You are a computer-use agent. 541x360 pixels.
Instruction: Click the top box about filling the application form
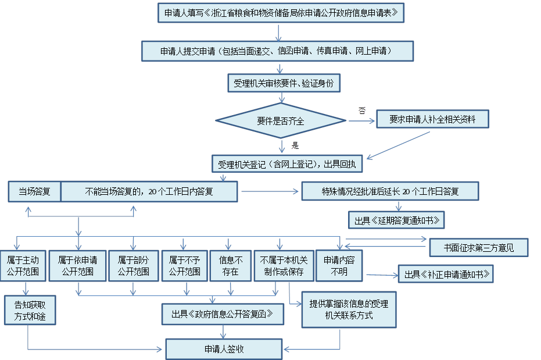coord(281,12)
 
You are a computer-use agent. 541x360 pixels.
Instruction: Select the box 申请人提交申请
coord(277,51)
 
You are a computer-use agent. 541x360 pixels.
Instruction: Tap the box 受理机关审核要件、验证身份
coord(283,84)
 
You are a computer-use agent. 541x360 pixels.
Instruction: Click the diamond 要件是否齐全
coord(281,121)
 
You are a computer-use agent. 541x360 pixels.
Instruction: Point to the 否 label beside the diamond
coord(362,110)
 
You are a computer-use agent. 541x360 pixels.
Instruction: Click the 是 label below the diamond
coord(295,145)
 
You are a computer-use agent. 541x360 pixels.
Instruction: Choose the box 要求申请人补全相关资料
coord(432,119)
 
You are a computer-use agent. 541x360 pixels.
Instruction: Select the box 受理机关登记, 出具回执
coord(287,165)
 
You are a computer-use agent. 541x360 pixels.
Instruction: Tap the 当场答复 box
coord(34,191)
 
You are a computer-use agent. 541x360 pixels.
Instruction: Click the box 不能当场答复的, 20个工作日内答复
coord(149,191)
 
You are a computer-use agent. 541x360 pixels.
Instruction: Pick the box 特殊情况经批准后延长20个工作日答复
coord(390,191)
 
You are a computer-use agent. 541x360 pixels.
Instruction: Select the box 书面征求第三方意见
coord(478,248)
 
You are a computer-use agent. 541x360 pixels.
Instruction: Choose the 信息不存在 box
coord(231,266)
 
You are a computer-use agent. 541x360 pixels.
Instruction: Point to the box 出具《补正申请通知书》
coord(445,274)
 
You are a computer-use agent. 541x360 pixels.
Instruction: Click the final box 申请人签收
coord(224,349)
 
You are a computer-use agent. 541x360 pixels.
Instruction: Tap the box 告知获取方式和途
coord(30,310)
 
